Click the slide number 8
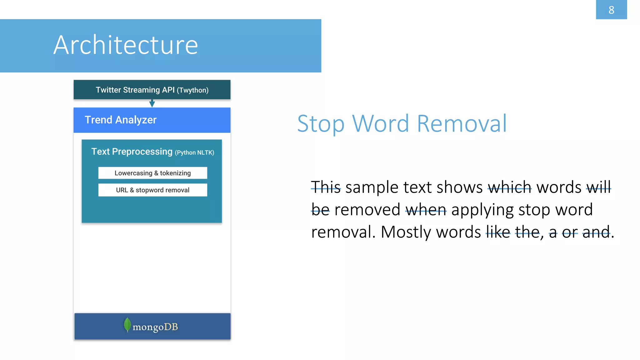[611, 10]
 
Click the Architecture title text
[126, 45]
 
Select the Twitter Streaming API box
[152, 90]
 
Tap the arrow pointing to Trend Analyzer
[152, 103]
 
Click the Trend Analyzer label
[121, 120]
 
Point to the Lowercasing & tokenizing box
[152, 173]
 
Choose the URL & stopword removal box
[152, 190]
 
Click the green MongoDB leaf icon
[127, 325]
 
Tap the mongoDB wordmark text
[155, 327]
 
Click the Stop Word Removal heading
[402, 124]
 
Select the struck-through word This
[326, 187]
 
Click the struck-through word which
[509, 187]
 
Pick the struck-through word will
[598, 187]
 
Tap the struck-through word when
[426, 210]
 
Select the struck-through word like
[498, 232]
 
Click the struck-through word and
[596, 232]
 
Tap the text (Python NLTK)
[194, 152]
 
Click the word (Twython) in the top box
[192, 90]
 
